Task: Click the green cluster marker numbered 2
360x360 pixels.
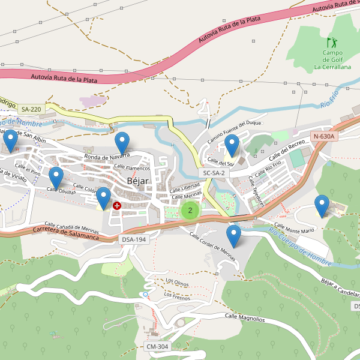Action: coord(190,210)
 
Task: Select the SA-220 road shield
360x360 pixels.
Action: coord(31,109)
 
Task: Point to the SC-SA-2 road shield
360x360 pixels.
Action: coord(214,173)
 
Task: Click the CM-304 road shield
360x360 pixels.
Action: coord(158,347)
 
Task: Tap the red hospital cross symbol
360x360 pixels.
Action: coord(117,206)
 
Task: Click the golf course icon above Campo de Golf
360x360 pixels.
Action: coord(332,43)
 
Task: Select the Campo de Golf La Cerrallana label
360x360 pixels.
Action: coord(332,60)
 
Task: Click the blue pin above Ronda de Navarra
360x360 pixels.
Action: coord(122,143)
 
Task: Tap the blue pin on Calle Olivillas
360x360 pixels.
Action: coord(56,178)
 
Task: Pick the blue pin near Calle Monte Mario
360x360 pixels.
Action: coord(322,206)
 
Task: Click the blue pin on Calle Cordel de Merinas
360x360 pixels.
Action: coord(233,236)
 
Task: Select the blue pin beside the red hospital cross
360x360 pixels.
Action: coord(103,198)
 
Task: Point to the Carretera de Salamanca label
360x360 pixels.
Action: coord(66,233)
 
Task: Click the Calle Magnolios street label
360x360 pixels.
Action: coord(244,317)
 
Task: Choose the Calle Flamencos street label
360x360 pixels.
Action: coord(131,167)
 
